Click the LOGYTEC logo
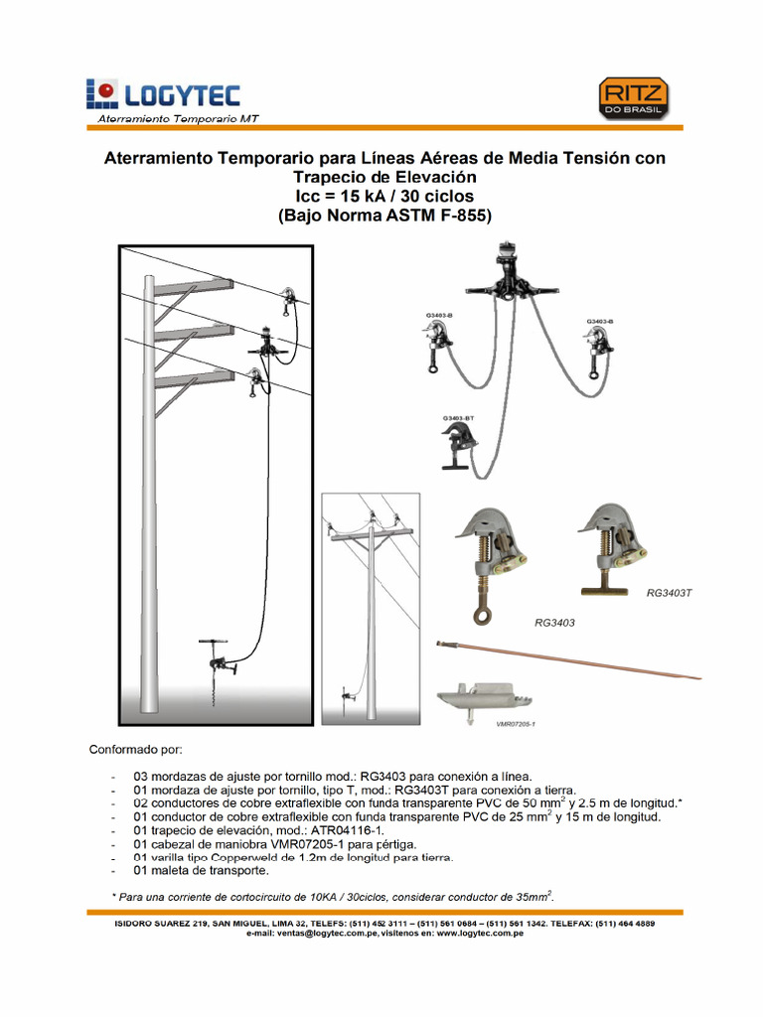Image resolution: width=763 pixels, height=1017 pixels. tap(163, 95)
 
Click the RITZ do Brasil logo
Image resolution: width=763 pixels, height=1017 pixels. tap(632, 100)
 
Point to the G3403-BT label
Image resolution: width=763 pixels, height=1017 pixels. tap(458, 419)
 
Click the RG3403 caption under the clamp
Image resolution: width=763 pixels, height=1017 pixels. tap(555, 624)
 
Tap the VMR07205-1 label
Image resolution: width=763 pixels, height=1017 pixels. tap(515, 724)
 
